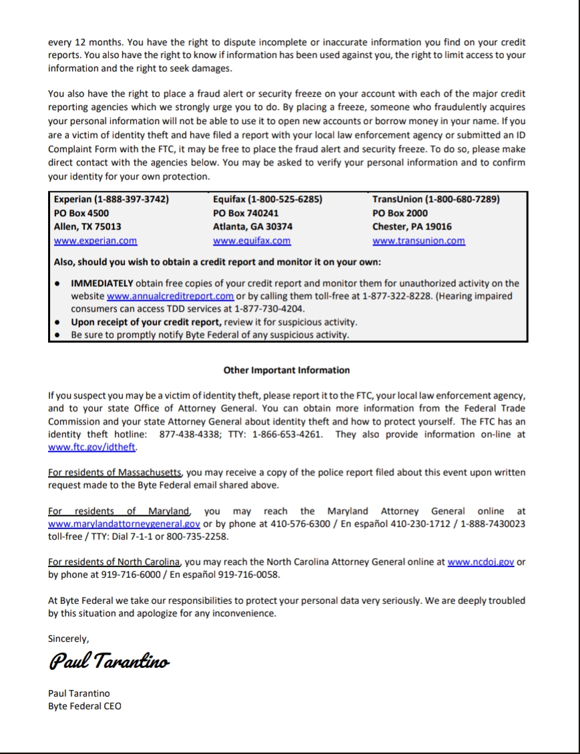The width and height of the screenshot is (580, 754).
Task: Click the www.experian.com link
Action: (x=95, y=241)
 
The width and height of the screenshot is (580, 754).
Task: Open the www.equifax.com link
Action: (x=252, y=241)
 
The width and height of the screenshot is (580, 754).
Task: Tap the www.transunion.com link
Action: (x=418, y=241)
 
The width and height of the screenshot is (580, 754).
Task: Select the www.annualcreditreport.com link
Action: (x=170, y=296)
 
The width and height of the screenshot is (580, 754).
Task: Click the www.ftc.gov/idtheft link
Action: (x=92, y=448)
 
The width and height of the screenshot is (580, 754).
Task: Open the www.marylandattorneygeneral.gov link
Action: (x=124, y=524)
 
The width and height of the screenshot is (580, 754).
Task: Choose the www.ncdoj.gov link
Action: (x=481, y=562)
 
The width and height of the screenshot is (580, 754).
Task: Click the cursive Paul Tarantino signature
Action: (x=109, y=662)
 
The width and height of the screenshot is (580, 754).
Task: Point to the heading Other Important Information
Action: (x=286, y=370)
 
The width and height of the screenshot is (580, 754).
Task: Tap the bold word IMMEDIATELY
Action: (x=103, y=284)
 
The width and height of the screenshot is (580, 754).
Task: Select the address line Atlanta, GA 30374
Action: (x=252, y=227)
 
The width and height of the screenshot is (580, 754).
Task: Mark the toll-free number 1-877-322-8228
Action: (x=398, y=296)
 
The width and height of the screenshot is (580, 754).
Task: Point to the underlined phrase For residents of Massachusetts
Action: (x=116, y=473)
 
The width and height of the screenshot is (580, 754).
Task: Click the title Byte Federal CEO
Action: (x=85, y=706)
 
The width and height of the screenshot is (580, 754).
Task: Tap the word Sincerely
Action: (x=68, y=639)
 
